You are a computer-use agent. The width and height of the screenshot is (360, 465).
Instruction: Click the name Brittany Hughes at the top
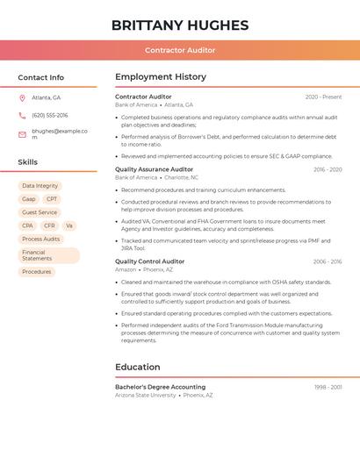pyautogui.click(x=180, y=25)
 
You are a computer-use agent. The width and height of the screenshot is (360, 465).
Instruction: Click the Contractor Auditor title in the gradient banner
pyautogui.click(x=180, y=50)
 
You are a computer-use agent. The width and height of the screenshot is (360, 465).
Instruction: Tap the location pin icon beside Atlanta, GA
pyautogui.click(x=22, y=97)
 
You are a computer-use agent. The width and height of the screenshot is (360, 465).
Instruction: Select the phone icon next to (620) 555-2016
pyautogui.click(x=22, y=115)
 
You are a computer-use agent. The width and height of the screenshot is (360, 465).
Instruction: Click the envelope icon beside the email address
pyautogui.click(x=22, y=134)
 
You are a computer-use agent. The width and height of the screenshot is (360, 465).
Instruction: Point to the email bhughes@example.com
pyautogui.click(x=59, y=133)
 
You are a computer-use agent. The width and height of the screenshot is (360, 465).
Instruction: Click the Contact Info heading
pyautogui.click(x=40, y=77)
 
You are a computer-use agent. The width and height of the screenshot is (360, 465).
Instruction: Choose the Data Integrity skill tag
pyautogui.click(x=40, y=186)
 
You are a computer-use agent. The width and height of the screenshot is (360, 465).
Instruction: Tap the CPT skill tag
pyautogui.click(x=52, y=199)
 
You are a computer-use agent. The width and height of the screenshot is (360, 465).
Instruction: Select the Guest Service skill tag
pyautogui.click(x=40, y=212)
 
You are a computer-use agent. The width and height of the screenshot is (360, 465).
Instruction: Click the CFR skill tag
pyautogui.click(x=49, y=225)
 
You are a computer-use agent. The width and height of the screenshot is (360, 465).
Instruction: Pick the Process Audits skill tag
pyautogui.click(x=41, y=239)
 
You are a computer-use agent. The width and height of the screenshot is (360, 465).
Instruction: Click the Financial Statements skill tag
pyautogui.click(x=48, y=255)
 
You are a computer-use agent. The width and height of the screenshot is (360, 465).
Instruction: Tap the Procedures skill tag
pyautogui.click(x=37, y=272)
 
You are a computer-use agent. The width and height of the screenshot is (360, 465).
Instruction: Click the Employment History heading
pyautogui.click(x=161, y=77)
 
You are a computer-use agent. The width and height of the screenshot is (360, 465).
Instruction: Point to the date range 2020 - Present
pyautogui.click(x=323, y=97)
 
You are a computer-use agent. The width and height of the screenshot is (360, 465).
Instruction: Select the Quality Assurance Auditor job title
pyautogui.click(x=154, y=169)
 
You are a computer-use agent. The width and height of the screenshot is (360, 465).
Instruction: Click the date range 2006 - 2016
pyautogui.click(x=327, y=261)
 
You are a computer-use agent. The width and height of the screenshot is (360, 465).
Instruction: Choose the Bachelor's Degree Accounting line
pyautogui.click(x=160, y=387)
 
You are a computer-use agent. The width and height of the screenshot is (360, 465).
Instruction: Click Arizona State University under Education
pyautogui.click(x=146, y=396)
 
